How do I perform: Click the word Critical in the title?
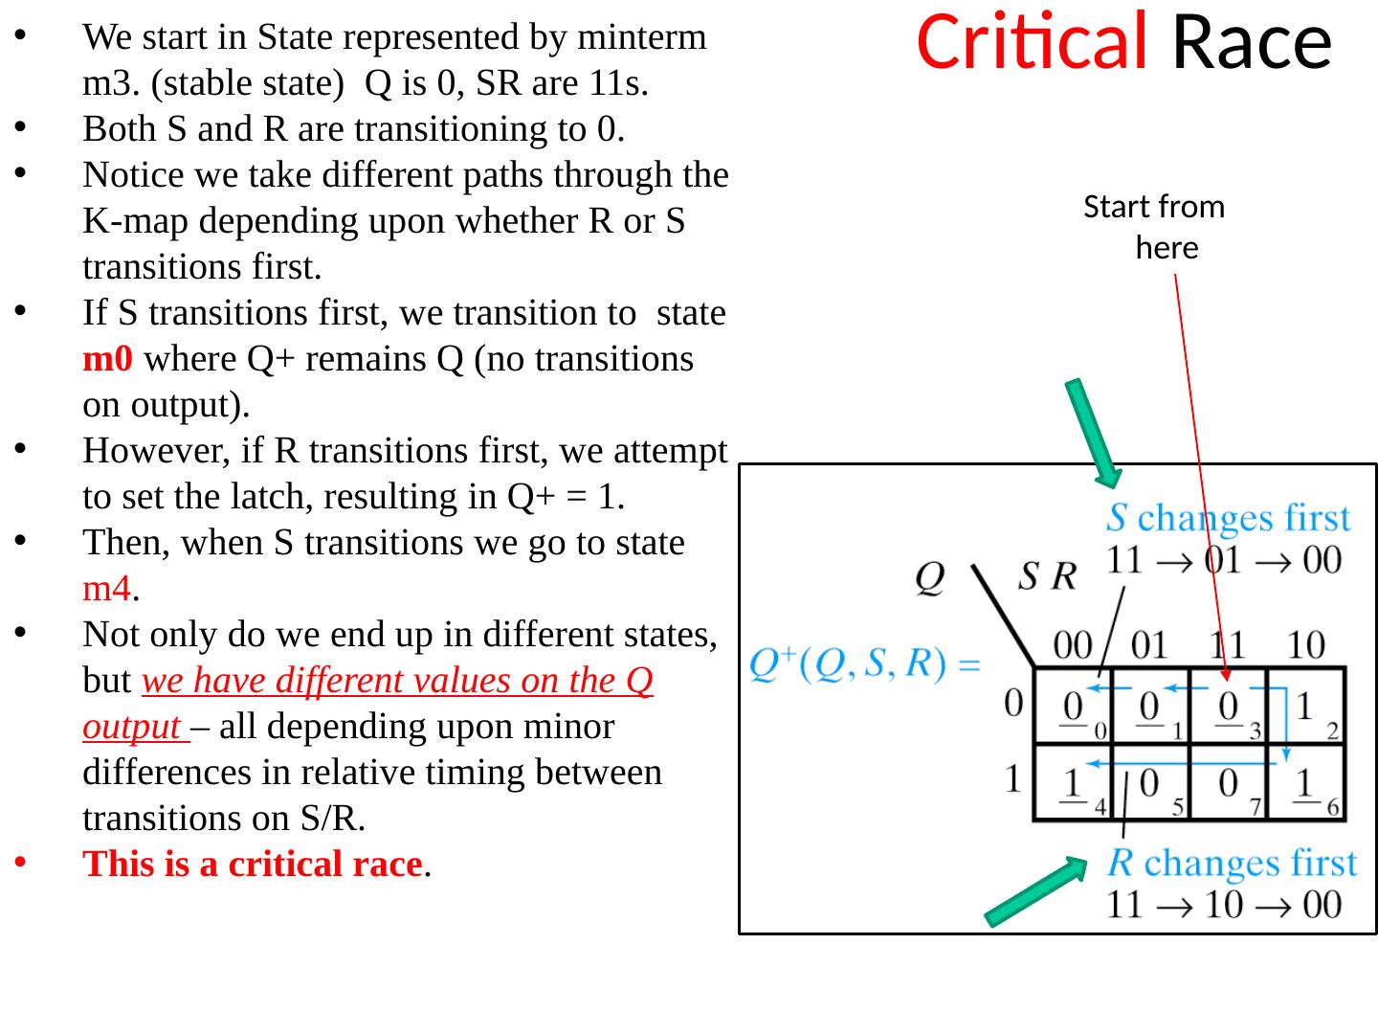point(1032,42)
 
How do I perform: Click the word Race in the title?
point(1252,42)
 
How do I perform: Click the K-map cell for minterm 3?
point(1228,708)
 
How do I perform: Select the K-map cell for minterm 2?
point(1307,708)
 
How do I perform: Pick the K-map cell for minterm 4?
point(1074,784)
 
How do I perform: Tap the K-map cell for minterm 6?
point(1307,784)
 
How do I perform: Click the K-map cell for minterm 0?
point(1074,708)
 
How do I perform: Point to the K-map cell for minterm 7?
point(1228,784)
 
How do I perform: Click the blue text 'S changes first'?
point(1229,518)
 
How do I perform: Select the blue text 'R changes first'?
point(1233,864)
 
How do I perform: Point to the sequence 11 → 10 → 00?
point(1225,904)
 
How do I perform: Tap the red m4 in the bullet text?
point(106,589)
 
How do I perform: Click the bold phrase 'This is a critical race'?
point(253,865)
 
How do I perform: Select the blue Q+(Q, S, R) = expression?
point(865,663)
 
